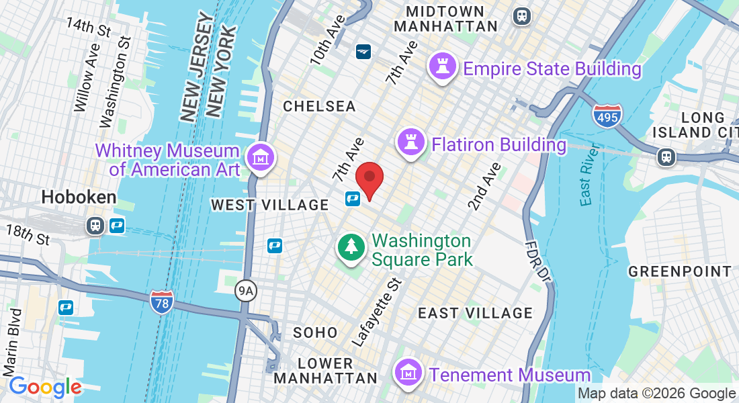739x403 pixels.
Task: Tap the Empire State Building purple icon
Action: coord(443,68)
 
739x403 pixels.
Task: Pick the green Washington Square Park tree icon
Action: coord(351,248)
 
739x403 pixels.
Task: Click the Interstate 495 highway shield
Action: coord(607,116)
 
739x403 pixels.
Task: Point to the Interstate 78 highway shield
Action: coord(162,302)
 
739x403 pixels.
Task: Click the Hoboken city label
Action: coord(79,197)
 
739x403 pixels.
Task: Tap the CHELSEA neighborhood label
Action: coord(319,106)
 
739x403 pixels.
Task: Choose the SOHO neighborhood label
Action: coord(315,332)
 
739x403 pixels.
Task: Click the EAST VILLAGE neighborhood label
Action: coord(475,313)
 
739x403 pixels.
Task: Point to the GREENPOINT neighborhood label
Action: coord(679,271)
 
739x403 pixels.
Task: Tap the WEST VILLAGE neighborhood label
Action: coord(269,205)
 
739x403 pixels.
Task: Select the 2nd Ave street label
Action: coord(485,186)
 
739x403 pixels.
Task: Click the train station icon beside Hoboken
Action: coord(95,225)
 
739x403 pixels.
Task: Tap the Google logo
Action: coord(45,387)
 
